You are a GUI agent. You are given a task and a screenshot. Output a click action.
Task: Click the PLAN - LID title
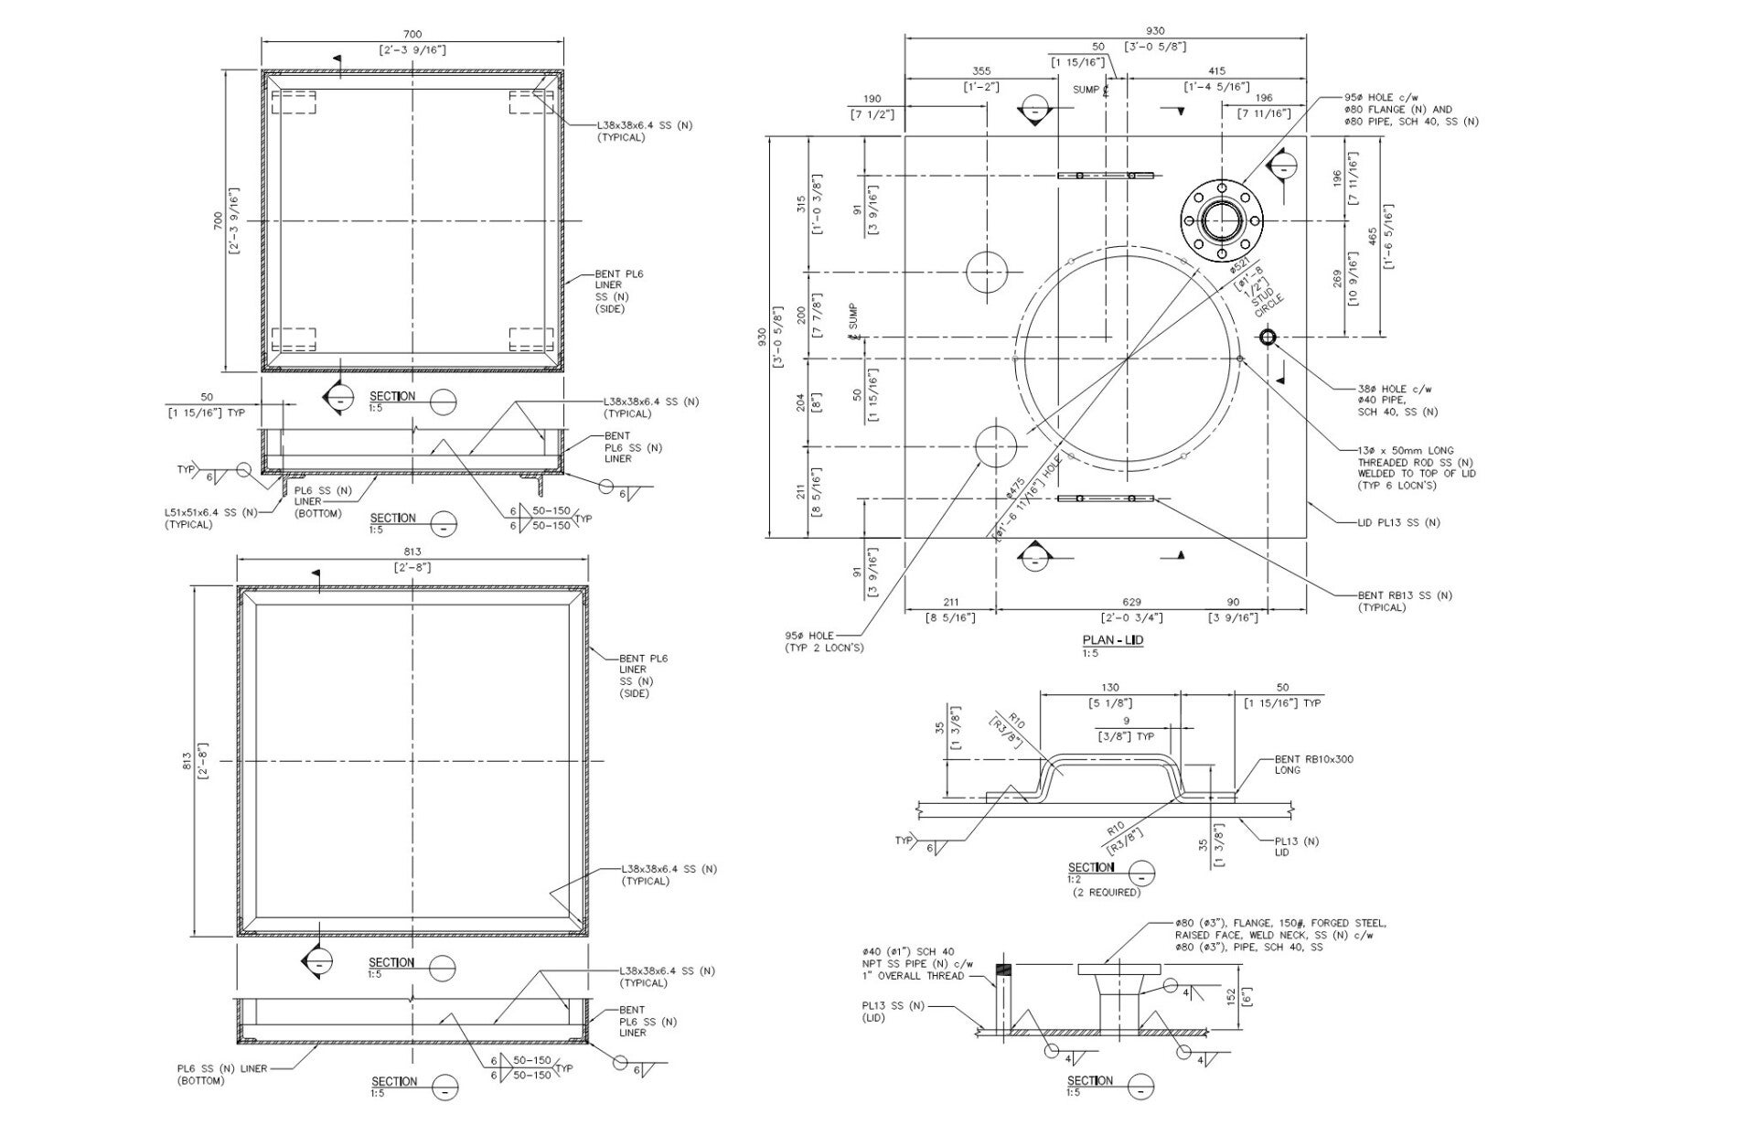point(1112,640)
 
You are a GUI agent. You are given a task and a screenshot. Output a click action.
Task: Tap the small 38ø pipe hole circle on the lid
point(1268,338)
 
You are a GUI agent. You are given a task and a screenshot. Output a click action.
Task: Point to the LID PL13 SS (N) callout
point(1398,523)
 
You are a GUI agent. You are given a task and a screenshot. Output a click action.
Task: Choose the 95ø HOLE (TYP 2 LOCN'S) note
point(823,642)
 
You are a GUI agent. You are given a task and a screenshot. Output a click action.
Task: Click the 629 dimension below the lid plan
point(1131,602)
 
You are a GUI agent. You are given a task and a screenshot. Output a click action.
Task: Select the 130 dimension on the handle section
point(1110,688)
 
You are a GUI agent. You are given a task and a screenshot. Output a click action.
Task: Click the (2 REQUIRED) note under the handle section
point(1107,892)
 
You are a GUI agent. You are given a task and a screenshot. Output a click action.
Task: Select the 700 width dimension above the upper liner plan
point(412,35)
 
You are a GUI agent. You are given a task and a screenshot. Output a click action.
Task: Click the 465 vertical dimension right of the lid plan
point(1373,237)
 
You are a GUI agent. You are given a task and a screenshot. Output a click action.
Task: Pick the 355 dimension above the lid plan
point(981,70)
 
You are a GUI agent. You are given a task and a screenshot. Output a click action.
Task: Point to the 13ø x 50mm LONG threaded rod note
point(1417,467)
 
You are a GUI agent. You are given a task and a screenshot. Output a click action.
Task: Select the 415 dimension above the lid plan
point(1216,70)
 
